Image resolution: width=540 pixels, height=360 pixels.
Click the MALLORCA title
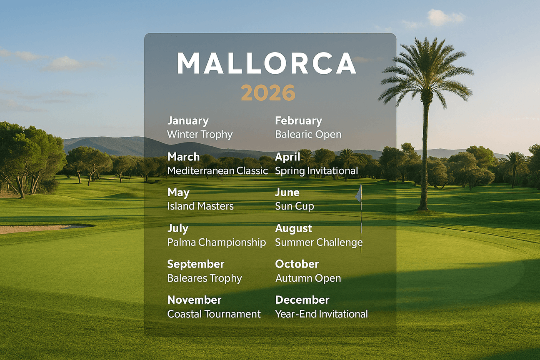click(267, 64)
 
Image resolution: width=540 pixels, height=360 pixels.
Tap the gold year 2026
click(268, 93)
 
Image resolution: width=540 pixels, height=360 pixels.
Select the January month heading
click(188, 121)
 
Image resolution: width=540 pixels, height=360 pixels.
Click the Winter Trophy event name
click(200, 135)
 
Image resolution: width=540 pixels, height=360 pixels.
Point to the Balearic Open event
click(308, 135)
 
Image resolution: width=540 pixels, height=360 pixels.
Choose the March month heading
click(183, 157)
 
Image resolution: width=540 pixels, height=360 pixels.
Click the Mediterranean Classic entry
click(217, 171)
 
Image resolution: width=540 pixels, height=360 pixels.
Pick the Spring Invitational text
click(316, 171)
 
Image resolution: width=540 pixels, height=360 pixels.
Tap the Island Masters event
click(200, 206)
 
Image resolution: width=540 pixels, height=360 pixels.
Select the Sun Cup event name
click(295, 206)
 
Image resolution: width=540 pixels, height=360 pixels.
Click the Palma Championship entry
click(217, 242)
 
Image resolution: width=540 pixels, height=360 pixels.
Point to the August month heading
click(294, 228)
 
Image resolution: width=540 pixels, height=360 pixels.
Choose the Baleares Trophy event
click(205, 278)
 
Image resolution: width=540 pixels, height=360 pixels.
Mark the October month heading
click(297, 264)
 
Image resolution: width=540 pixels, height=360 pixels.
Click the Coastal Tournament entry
click(214, 314)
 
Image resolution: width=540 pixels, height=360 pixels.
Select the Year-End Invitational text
click(321, 314)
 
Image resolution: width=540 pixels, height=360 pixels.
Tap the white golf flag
click(358, 194)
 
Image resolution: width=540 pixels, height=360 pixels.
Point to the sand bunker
click(37, 228)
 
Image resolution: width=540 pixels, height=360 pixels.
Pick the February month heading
click(298, 121)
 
